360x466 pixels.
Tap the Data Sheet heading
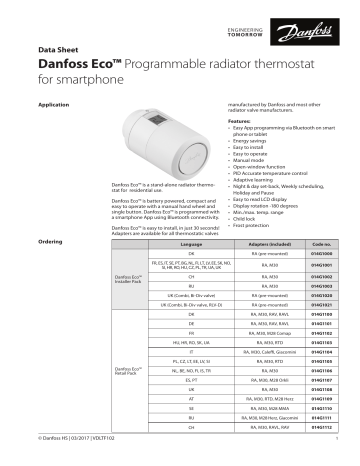coord(57,47)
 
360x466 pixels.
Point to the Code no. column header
coord(321,244)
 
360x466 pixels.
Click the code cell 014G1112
coord(321,455)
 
